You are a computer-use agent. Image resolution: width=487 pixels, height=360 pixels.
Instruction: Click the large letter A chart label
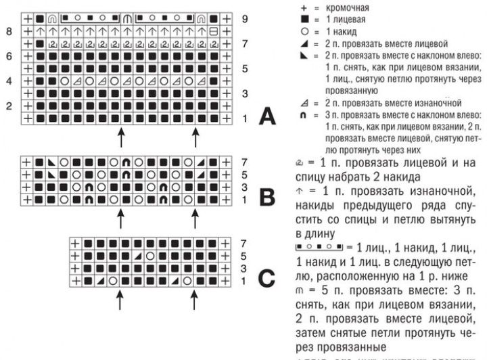click(267, 118)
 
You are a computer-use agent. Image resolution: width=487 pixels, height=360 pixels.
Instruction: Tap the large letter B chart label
click(267, 196)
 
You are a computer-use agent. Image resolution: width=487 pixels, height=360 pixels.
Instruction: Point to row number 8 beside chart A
click(8, 31)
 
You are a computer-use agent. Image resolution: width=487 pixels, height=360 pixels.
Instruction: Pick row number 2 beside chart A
click(8, 106)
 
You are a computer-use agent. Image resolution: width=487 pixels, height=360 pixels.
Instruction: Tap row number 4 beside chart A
click(8, 81)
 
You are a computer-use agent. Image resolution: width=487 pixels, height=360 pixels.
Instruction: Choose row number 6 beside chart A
click(8, 56)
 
